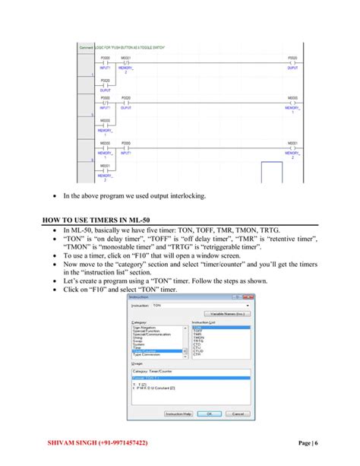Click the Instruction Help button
[x=179, y=414]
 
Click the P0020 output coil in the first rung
[x=292, y=62]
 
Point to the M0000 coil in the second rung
[x=292, y=103]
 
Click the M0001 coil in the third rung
[x=292, y=147]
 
